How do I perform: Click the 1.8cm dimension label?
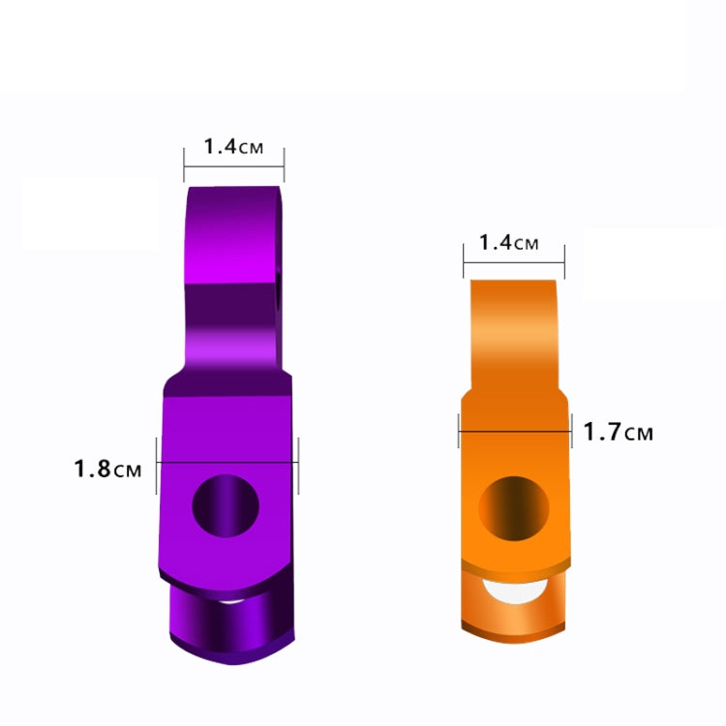108,469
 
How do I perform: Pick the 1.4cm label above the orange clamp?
508,242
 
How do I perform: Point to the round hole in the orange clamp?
515,506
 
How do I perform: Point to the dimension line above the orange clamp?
514,258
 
